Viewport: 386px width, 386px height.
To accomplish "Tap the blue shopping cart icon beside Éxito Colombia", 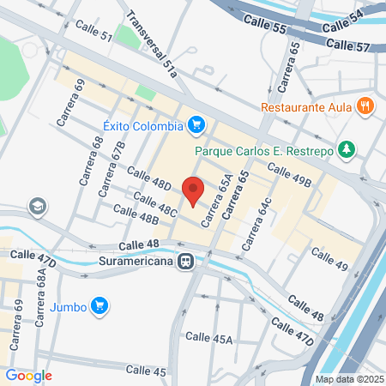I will [x=196, y=125].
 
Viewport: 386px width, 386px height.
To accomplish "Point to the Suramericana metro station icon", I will [x=184, y=262].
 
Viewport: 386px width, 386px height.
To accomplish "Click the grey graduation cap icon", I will [x=37, y=206].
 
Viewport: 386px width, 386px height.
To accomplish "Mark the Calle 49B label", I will [x=288, y=173].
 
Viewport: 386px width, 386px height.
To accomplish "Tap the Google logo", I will [x=29, y=375].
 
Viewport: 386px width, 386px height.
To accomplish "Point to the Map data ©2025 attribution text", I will [x=349, y=378].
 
